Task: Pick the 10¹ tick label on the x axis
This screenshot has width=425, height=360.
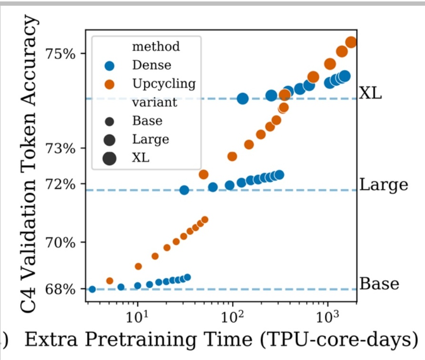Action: [x=138, y=316]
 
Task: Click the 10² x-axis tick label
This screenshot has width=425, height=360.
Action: [x=233, y=316]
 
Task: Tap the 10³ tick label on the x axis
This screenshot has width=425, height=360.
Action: [x=328, y=316]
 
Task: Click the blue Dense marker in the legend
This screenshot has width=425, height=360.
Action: [x=109, y=66]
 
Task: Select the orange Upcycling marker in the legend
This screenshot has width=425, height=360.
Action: [x=109, y=85]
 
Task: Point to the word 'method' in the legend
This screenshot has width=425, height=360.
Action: [x=156, y=47]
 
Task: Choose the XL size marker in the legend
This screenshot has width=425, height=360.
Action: [x=109, y=158]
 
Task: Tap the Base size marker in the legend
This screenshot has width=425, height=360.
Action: [x=109, y=121]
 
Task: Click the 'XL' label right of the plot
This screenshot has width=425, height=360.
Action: [x=370, y=93]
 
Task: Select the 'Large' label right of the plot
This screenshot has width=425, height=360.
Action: [x=384, y=184]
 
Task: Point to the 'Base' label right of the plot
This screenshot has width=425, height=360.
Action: [x=379, y=283]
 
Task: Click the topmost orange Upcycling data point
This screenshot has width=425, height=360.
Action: [x=351, y=42]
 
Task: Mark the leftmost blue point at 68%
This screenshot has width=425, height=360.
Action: [x=92, y=290]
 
